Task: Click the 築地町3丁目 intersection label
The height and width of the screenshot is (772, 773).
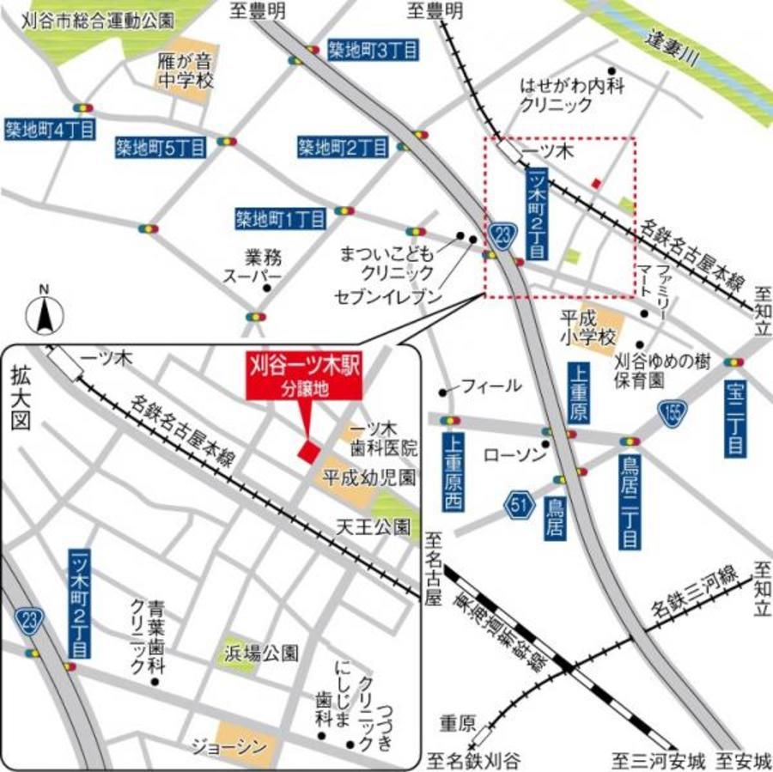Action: (374, 51)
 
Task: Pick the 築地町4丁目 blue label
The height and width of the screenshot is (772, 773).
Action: (49, 129)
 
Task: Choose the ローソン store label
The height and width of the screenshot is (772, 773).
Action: (515, 453)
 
